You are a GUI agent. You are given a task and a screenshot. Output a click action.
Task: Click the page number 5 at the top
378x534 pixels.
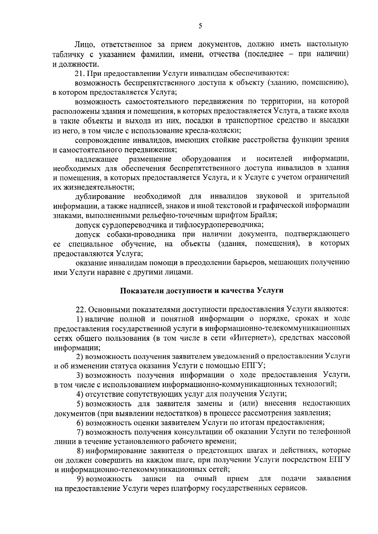pos(200,26)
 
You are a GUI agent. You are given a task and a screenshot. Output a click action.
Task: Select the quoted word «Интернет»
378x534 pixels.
pos(227,338)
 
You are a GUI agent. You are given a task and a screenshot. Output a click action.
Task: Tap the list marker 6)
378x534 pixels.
pos(80,422)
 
